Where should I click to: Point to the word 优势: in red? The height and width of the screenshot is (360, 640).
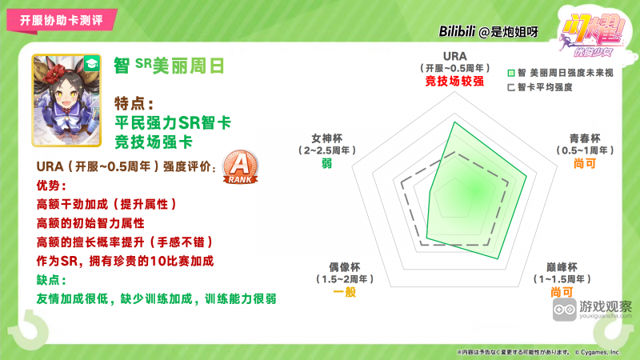click(53, 186)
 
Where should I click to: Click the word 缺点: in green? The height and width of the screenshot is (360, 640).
click(53, 280)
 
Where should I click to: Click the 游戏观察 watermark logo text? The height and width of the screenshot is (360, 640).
click(606, 306)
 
